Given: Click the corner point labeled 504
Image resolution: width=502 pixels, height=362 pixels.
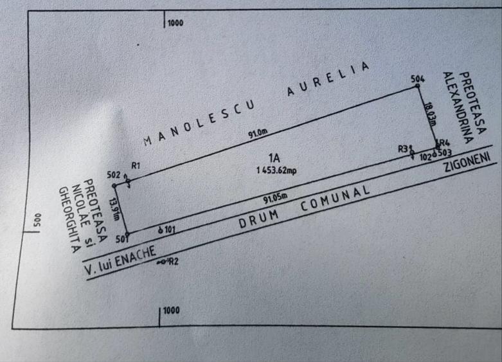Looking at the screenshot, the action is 417,86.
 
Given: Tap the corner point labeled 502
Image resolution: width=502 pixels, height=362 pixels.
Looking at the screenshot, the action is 114,186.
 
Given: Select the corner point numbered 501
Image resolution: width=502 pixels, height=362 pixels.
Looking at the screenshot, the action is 127,234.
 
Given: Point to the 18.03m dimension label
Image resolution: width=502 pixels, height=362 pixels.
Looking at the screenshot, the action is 430,114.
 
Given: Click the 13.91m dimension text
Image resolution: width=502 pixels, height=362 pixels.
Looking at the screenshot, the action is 114,209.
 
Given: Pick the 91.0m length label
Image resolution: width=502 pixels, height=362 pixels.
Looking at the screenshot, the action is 258,134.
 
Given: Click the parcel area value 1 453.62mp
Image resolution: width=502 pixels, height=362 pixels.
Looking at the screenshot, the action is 276,170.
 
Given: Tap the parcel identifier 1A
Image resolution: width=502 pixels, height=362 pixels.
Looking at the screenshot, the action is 274,158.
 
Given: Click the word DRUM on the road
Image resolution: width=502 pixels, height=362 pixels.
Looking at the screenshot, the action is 258,219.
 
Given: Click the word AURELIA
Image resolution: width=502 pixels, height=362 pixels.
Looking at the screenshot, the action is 328,79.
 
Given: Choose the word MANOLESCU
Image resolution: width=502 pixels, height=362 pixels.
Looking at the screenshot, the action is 199,123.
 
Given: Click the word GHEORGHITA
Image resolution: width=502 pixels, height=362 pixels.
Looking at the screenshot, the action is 69,220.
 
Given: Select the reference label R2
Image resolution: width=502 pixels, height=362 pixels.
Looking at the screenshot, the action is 174,262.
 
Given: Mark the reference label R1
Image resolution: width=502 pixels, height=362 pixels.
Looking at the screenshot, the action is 136,165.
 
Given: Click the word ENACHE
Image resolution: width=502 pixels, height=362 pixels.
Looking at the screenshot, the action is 135,256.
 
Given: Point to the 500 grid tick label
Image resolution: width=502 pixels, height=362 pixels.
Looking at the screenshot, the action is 37,221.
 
